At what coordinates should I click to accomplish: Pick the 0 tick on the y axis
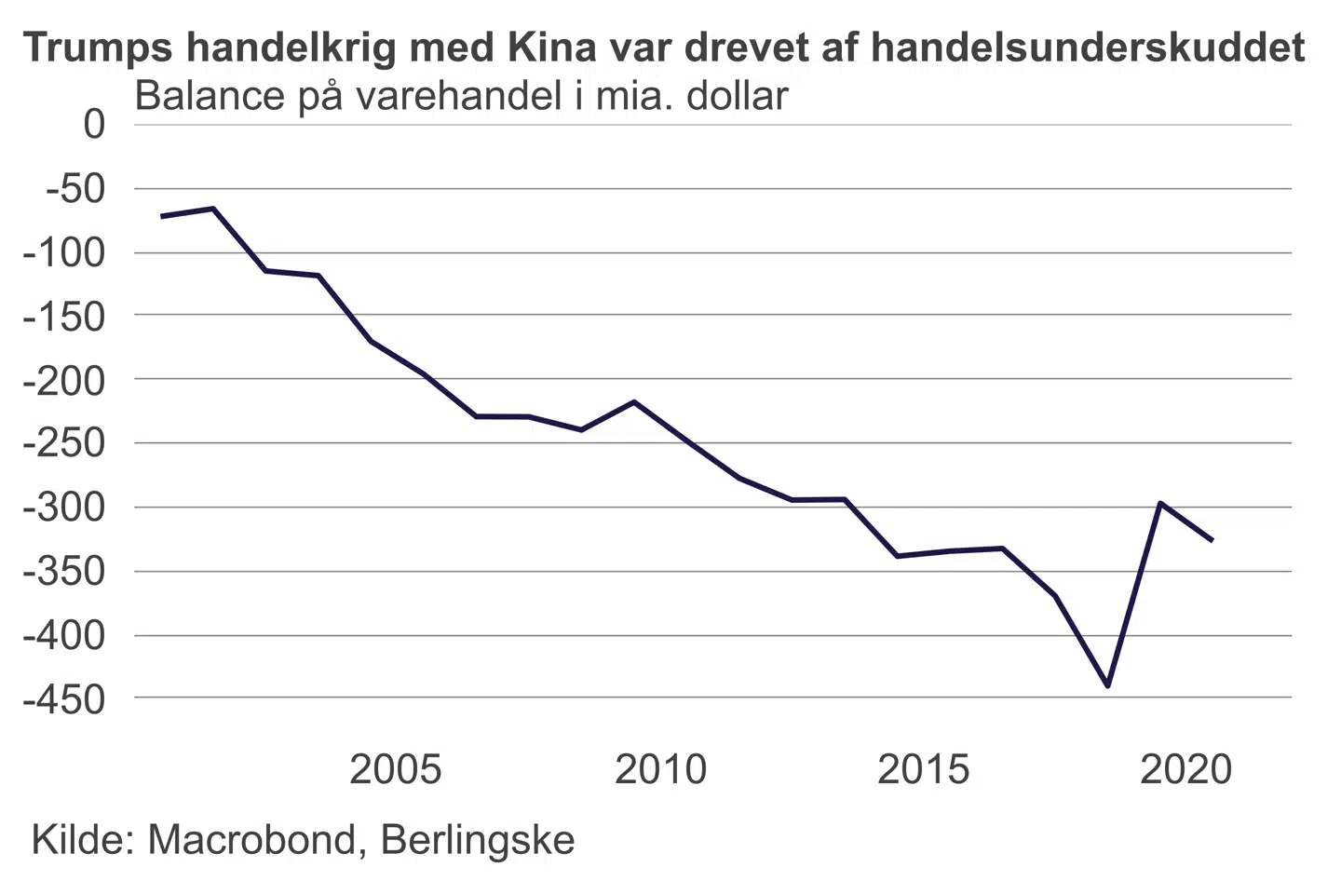click(x=94, y=124)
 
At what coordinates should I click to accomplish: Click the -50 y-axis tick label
click(x=76, y=189)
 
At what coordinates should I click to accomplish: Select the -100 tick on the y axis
click(x=65, y=252)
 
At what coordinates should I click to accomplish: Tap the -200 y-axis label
click(x=65, y=380)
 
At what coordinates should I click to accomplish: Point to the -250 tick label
click(x=65, y=443)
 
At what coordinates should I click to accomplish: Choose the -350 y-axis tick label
click(x=65, y=571)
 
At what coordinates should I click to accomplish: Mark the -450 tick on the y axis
click(x=65, y=698)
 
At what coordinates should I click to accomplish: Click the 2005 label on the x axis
click(x=395, y=769)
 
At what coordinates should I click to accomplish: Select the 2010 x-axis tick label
click(x=660, y=769)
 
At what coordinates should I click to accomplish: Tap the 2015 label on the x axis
click(x=923, y=769)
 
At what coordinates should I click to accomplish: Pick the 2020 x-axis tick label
click(x=1185, y=769)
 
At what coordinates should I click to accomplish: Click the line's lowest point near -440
click(x=1108, y=686)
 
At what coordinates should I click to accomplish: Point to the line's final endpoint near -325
click(x=1212, y=540)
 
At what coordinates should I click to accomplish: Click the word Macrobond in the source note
click(x=251, y=840)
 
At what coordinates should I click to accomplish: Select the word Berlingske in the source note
click(x=478, y=840)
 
